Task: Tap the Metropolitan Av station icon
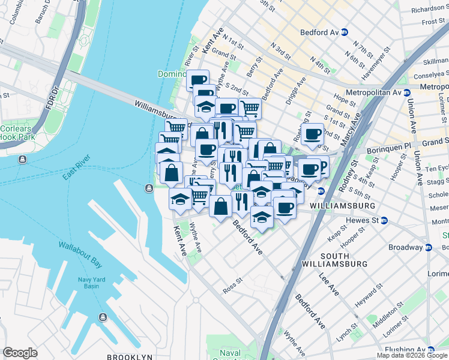pyautogui.click(x=406, y=93)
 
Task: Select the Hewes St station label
pyautogui.click(x=363, y=221)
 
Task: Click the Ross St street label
pyautogui.click(x=232, y=284)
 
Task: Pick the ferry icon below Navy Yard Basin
pyautogui.click(x=103, y=316)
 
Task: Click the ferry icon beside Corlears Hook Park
pyautogui.click(x=22, y=160)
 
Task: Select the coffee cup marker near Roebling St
pyautogui.click(x=313, y=134)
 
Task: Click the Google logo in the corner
pyautogui.click(x=20, y=353)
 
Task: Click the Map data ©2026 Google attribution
pyautogui.click(x=412, y=355)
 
